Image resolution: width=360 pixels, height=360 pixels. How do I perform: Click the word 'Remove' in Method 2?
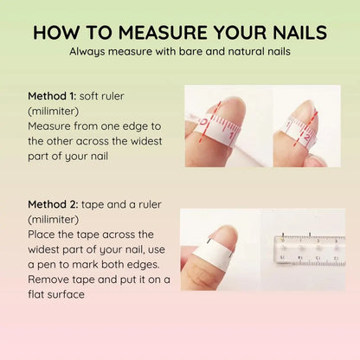point(51,280)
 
